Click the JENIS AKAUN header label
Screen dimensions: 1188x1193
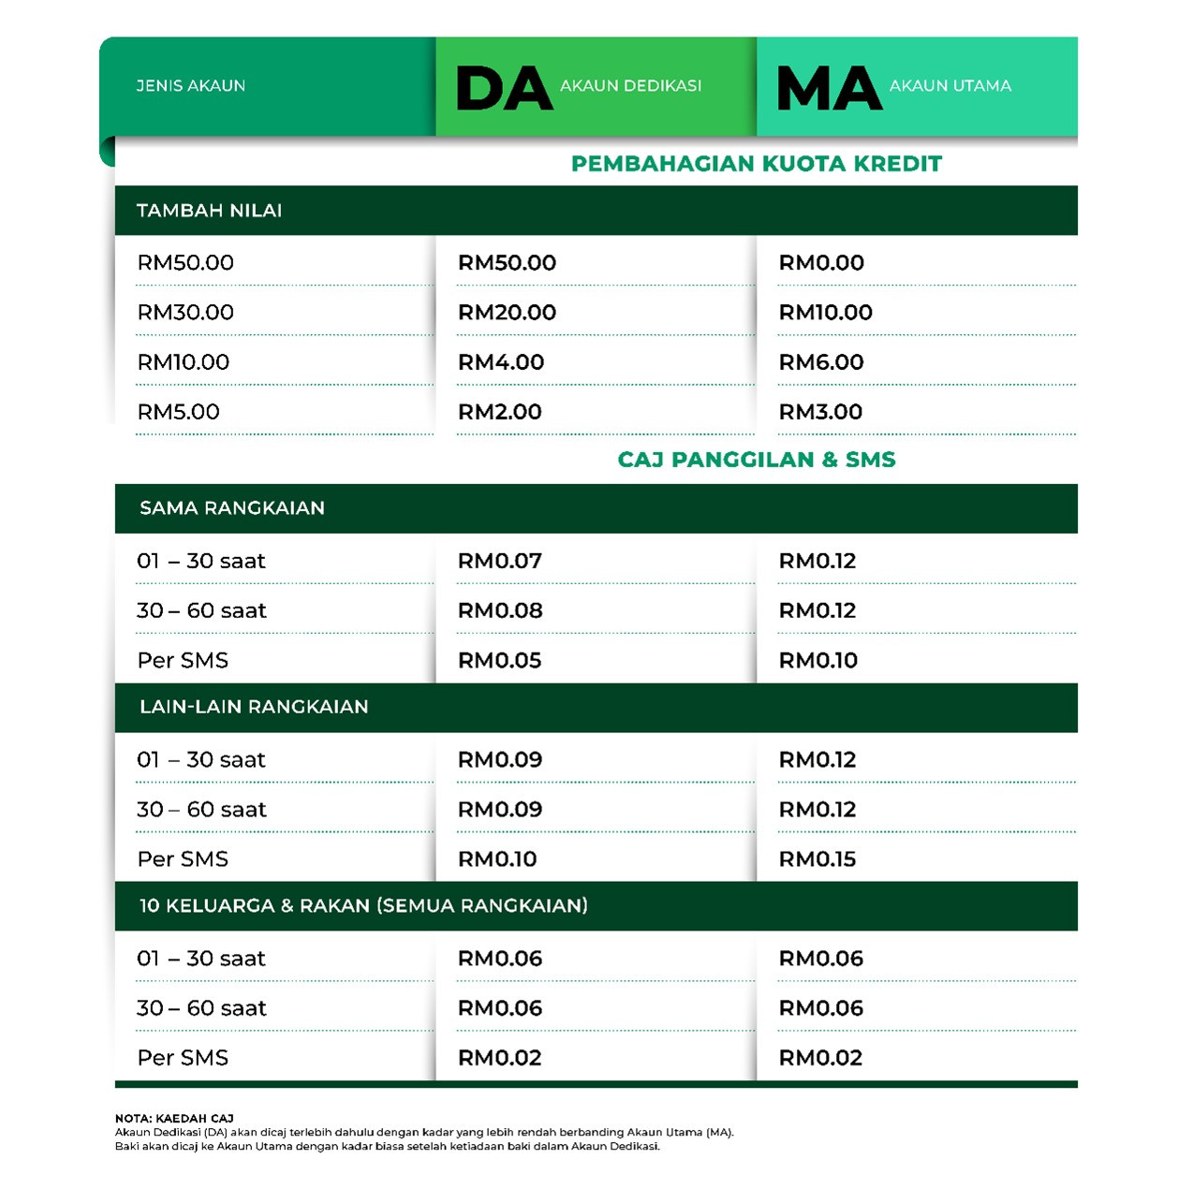[x=191, y=86]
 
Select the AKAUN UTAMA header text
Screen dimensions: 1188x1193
[x=950, y=86]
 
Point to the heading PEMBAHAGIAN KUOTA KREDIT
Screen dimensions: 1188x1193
[x=756, y=164]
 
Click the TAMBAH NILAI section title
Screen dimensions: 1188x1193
[x=209, y=211]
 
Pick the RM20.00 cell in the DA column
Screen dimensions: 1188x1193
[x=507, y=313]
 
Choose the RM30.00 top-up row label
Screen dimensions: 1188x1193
[x=185, y=313]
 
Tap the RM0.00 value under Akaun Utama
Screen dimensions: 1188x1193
[x=821, y=263]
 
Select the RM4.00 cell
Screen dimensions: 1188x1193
[x=501, y=362]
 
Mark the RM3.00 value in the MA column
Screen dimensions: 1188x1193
[x=820, y=412]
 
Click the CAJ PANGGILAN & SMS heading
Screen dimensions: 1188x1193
[x=756, y=460]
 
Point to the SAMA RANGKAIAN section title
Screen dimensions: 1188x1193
[x=232, y=508]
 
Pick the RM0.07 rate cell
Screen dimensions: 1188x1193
[x=500, y=562]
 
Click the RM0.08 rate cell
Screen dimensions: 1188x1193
[x=500, y=611]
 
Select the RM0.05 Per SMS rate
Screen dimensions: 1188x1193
[x=499, y=661]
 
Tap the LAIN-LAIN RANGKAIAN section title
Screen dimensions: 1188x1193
[x=254, y=707]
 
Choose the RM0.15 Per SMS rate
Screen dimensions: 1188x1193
[x=817, y=859]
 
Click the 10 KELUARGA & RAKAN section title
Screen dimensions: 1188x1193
[x=363, y=906]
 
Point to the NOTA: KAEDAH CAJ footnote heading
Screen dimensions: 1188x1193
[x=174, y=1118]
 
